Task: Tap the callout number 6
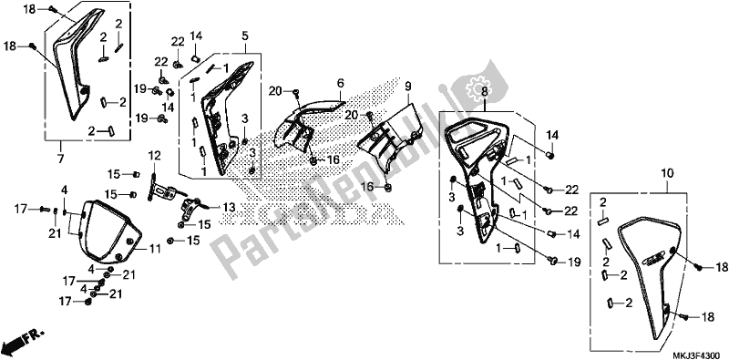(339, 82)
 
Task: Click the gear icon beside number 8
(473, 91)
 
